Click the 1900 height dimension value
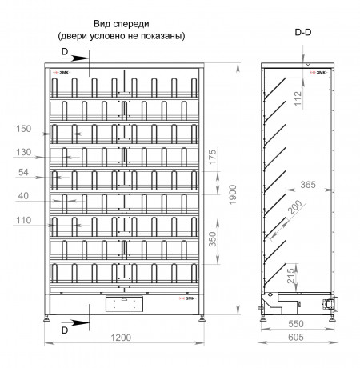233,194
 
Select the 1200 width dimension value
121,338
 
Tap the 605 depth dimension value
296,338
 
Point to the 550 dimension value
296,324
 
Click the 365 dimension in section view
308,185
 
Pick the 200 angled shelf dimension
295,207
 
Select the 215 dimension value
291,276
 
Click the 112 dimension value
298,98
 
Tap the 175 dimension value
213,157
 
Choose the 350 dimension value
213,239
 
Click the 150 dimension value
24,129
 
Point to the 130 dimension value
24,152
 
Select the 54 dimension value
23,172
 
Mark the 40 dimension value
23,196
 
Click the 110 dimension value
24,221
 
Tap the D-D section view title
303,32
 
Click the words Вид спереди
122,24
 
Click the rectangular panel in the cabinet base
124,304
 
